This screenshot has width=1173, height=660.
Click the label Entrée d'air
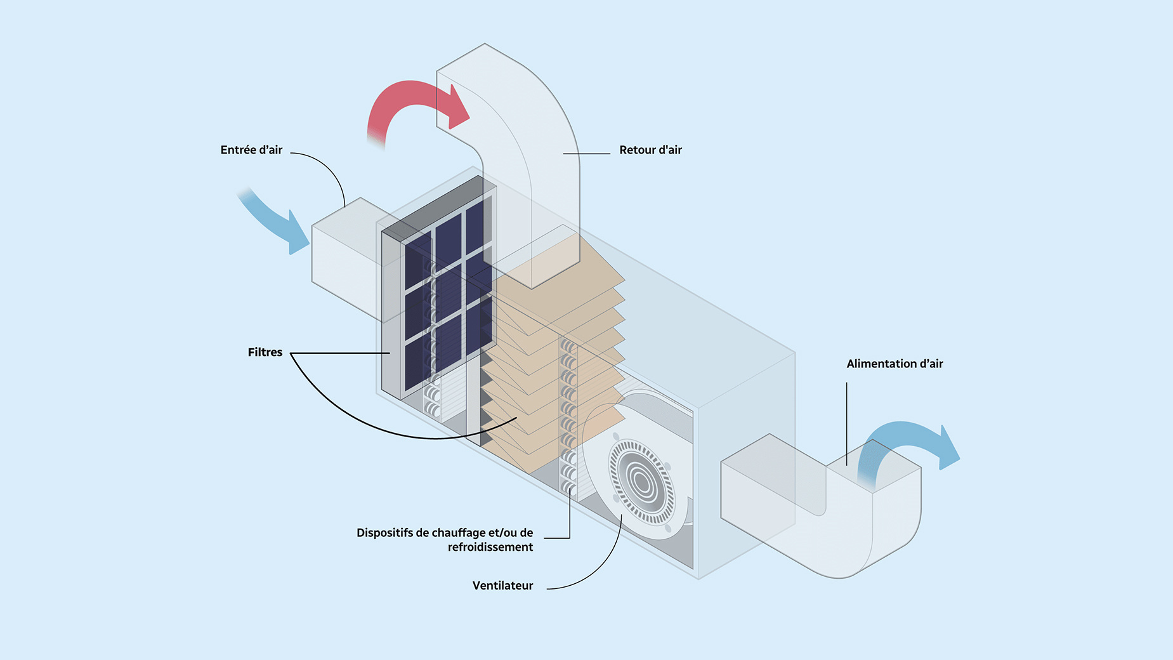point(251,150)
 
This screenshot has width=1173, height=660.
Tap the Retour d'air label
point(650,150)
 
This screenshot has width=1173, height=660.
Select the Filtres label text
point(265,352)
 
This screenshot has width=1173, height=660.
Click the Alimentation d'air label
point(894,364)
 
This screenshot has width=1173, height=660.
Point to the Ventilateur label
point(502,586)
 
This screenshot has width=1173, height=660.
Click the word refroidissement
point(490,547)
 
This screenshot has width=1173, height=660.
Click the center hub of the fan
point(642,482)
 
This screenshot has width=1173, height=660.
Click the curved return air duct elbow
point(533,127)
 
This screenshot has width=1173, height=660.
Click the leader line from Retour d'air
point(587,154)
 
